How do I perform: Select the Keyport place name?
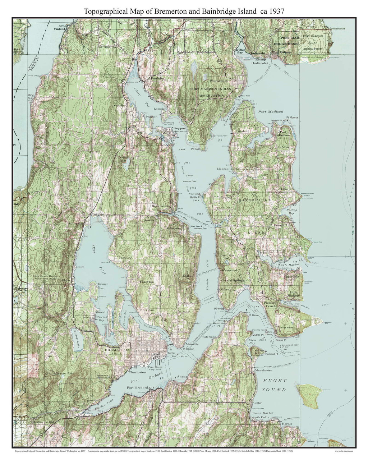click(179, 128)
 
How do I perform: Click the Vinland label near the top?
click(60, 28)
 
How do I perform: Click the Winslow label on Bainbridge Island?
click(267, 253)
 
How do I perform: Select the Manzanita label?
click(224, 169)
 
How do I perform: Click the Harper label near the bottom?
click(287, 424)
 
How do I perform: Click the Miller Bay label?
click(240, 51)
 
